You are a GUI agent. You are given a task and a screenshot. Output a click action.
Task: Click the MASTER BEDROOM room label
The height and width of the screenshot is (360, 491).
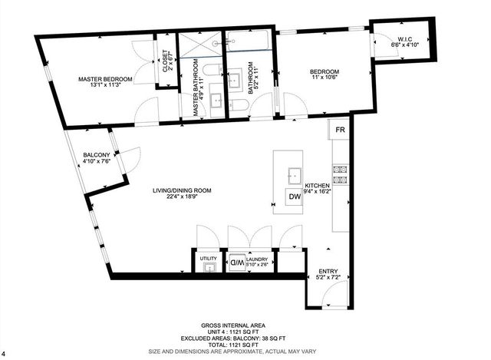[x=106, y=79]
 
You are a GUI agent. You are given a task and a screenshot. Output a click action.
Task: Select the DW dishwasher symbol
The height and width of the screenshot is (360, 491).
[x=295, y=197]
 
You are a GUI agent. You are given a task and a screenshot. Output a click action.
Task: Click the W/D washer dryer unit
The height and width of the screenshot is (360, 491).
[x=237, y=263]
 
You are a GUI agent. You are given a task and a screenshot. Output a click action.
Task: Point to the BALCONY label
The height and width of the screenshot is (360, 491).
[x=97, y=156]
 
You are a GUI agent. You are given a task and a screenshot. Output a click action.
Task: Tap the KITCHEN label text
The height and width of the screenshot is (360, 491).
[x=317, y=187]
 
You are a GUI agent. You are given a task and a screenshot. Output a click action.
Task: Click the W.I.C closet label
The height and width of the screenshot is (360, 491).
[x=406, y=40]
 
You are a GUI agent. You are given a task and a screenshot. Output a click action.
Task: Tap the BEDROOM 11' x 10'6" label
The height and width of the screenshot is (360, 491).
[x=324, y=72]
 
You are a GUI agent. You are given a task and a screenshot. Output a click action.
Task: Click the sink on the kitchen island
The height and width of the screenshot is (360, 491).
[x=293, y=173]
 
